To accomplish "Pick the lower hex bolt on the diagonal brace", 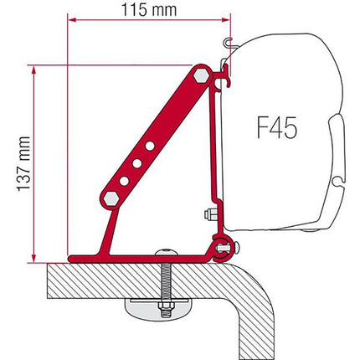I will (x=111, y=198).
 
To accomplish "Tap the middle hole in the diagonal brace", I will (x=137, y=163).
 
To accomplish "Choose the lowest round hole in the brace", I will (x=124, y=180).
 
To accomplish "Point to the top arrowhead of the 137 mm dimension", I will (x=33, y=69).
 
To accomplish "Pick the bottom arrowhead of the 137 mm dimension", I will (x=33, y=254).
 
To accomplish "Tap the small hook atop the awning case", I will (x=229, y=41).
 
